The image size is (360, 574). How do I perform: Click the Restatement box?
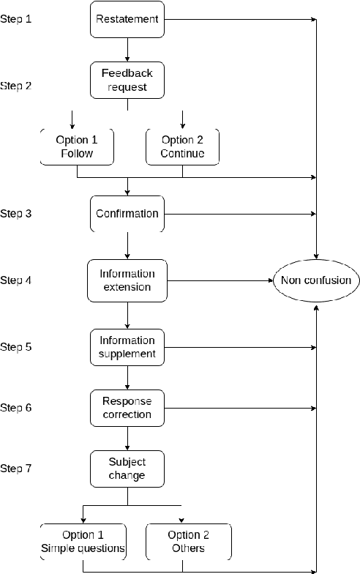tap(127, 19)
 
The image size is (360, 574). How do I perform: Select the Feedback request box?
tap(127, 81)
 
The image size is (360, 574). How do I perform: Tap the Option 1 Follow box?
tap(77, 146)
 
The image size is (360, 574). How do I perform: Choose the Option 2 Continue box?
tap(181, 146)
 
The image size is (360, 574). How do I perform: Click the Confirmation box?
tap(127, 214)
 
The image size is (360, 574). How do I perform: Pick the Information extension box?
tap(127, 280)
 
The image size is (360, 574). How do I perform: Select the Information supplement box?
tap(127, 347)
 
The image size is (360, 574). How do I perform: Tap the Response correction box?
tap(127, 408)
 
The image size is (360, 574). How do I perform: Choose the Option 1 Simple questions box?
tap(83, 542)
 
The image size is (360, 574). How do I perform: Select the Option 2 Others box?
tap(189, 542)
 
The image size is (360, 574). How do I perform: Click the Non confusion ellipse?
tap(315, 280)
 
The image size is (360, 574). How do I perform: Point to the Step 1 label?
tap(16, 19)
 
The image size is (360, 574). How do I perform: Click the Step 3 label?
tap(16, 214)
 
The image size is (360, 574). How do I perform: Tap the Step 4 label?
tap(16, 280)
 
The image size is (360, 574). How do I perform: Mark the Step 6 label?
tap(16, 408)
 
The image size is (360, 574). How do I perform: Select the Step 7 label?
tap(16, 469)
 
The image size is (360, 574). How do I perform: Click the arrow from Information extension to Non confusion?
tap(220, 280)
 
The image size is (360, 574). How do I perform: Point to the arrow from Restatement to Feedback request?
tap(127, 50)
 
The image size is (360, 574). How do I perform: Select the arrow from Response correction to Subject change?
tap(127, 438)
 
